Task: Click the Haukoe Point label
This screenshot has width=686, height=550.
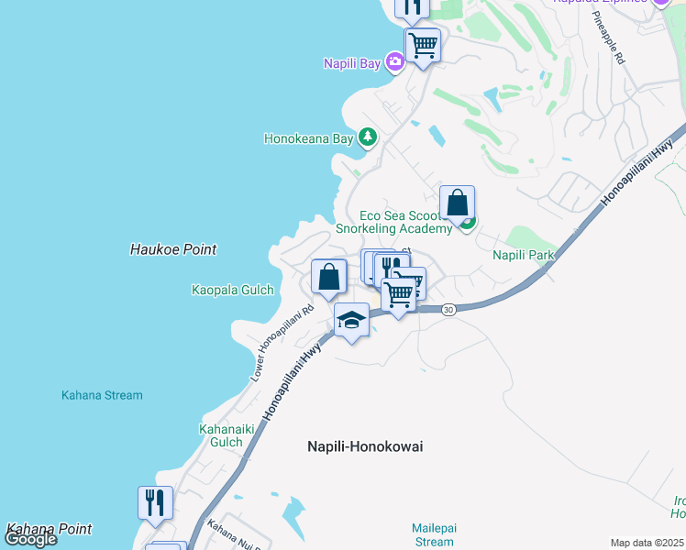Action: [x=173, y=249]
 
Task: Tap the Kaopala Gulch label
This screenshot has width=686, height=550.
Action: [x=232, y=291]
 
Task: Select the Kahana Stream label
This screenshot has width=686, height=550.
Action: [x=102, y=396]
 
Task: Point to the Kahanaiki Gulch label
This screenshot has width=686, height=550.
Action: [x=221, y=435]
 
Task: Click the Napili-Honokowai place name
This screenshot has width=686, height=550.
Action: [x=364, y=446]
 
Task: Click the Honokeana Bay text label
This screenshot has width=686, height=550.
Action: [x=308, y=139]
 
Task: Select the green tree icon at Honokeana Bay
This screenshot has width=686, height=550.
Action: [x=368, y=137]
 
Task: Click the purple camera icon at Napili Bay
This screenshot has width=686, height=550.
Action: [x=395, y=62]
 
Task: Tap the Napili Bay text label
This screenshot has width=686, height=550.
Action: [x=353, y=63]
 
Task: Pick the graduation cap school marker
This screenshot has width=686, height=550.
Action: [x=351, y=320]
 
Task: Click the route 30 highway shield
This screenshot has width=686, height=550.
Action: [x=448, y=310]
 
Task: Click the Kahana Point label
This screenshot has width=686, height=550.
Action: [x=49, y=529]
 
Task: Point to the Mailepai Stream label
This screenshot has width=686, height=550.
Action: [x=433, y=535]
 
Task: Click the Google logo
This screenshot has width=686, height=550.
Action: [x=30, y=539]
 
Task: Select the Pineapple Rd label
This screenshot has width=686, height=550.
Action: [x=608, y=37]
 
